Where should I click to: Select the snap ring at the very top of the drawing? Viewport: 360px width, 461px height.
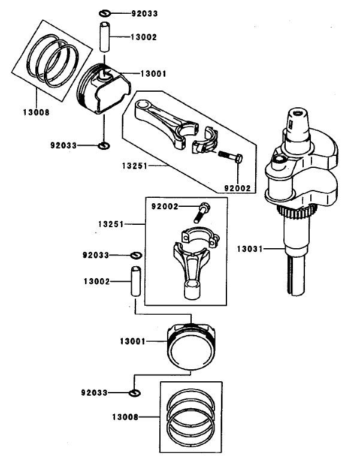point(104,13)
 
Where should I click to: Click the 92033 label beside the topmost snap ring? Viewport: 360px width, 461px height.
point(142,13)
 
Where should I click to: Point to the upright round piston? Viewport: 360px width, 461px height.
point(191,346)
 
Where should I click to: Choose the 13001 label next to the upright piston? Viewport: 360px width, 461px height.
point(134,341)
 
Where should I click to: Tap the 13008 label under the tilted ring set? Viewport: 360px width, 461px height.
point(36,112)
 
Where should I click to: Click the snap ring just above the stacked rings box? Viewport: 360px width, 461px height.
point(135,393)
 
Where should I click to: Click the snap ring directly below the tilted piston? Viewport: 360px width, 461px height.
point(104,145)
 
